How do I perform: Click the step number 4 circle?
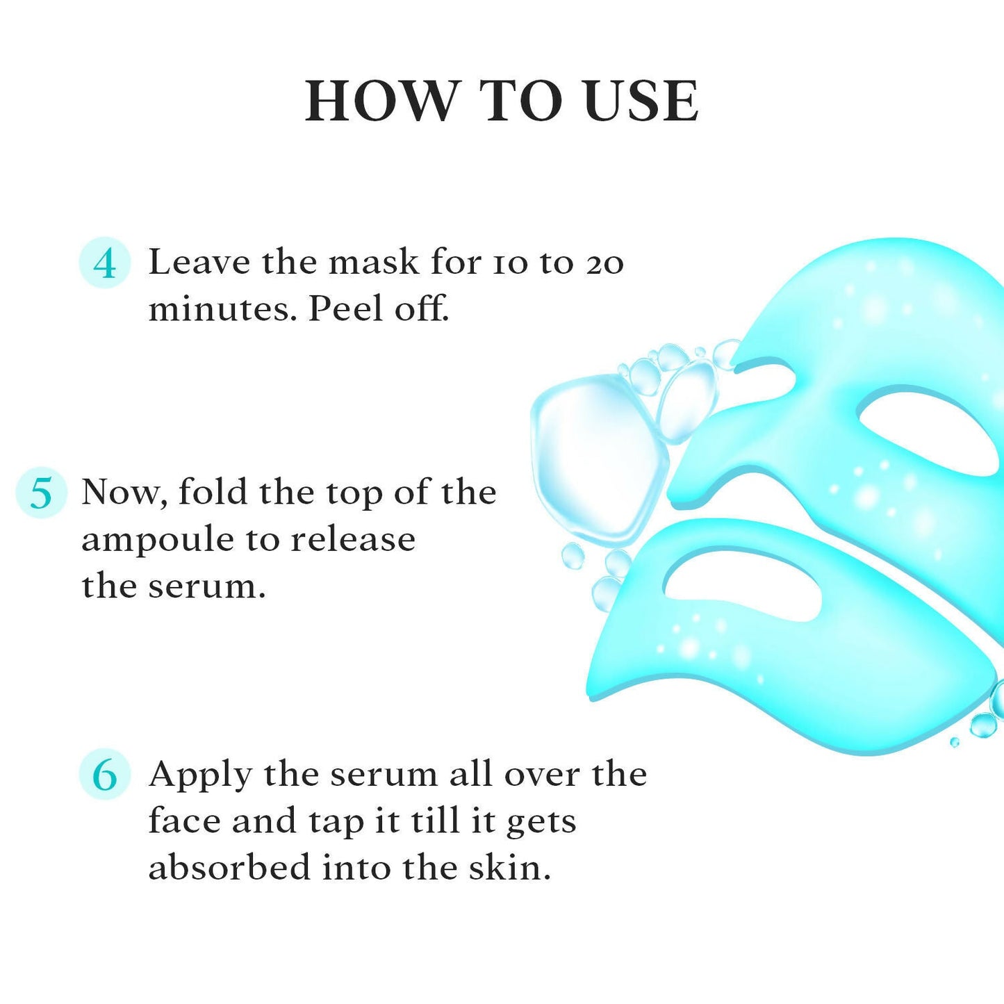tap(104, 263)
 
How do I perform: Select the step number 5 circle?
tap(41, 493)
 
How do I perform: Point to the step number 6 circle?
tap(104, 775)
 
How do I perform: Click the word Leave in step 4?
tap(199, 263)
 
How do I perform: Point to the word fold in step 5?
tap(213, 493)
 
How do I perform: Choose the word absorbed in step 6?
tap(229, 868)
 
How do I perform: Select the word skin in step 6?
tap(509, 868)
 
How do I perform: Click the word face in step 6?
tap(184, 821)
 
